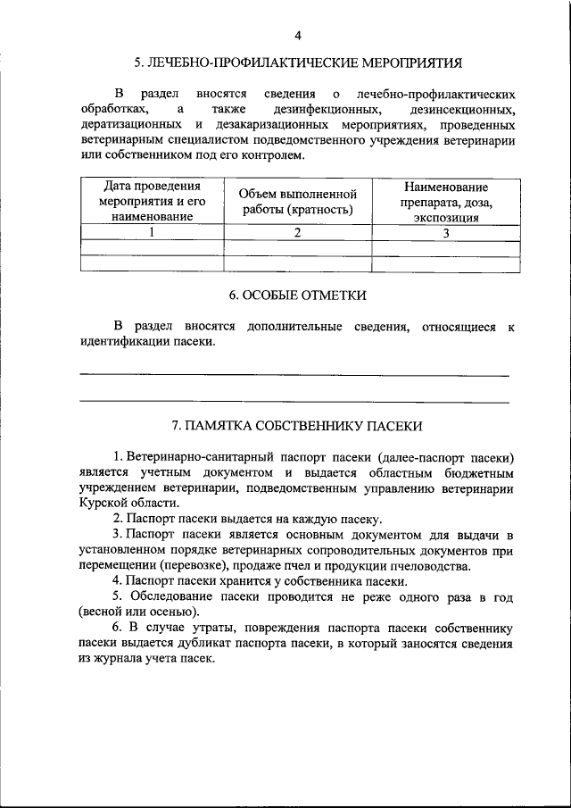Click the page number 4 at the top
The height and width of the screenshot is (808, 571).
coord(298,35)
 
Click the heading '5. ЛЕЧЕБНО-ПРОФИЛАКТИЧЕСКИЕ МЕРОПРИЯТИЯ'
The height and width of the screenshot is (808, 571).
coord(298,63)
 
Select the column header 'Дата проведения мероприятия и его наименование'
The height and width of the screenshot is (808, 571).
coord(152,202)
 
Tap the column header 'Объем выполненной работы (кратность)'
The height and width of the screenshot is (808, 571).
coord(298,202)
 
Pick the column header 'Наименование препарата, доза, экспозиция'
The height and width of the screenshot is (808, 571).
coord(445,202)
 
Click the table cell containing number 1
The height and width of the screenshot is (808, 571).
coord(152,233)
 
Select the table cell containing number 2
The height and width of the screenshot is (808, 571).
coord(298,233)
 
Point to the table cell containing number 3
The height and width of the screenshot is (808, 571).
coord(445,233)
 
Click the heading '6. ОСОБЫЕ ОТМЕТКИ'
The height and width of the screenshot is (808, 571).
coord(298,296)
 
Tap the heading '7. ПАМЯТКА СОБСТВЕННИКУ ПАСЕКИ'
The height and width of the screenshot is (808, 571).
coord(298,426)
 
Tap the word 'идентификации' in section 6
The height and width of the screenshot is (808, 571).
coord(125,342)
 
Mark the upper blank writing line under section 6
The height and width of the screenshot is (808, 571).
coord(294,375)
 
